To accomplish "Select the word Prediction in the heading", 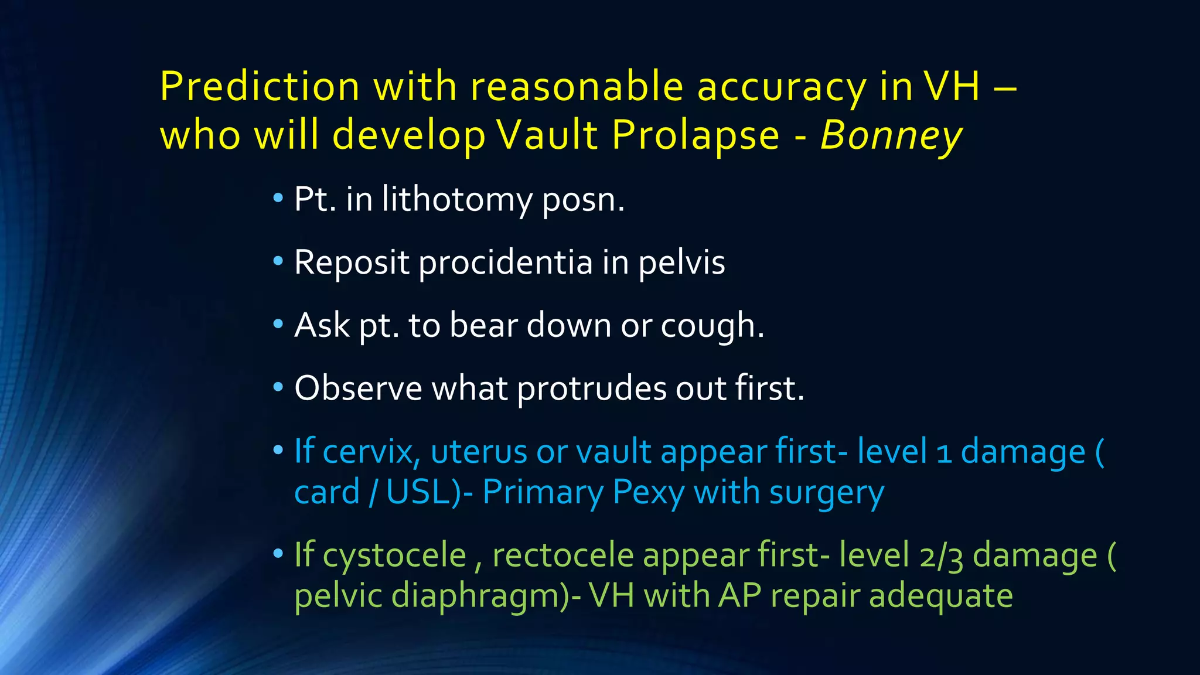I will coord(260,87).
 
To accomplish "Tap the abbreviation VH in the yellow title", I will coord(952,87).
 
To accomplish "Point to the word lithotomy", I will coord(457,199).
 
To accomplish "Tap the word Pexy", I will coord(648,492).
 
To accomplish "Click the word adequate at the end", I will coord(940,596).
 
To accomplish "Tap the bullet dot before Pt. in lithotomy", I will coord(278,197).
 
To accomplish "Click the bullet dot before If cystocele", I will coord(278,553).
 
